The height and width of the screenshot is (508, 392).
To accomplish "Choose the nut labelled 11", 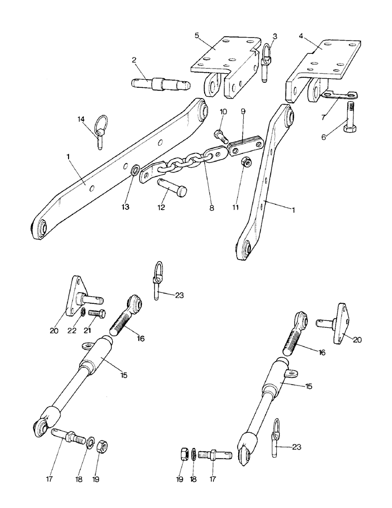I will click(x=245, y=162).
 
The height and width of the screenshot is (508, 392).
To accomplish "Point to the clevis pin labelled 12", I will click(x=172, y=186).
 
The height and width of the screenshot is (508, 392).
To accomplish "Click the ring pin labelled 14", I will click(x=100, y=135).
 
